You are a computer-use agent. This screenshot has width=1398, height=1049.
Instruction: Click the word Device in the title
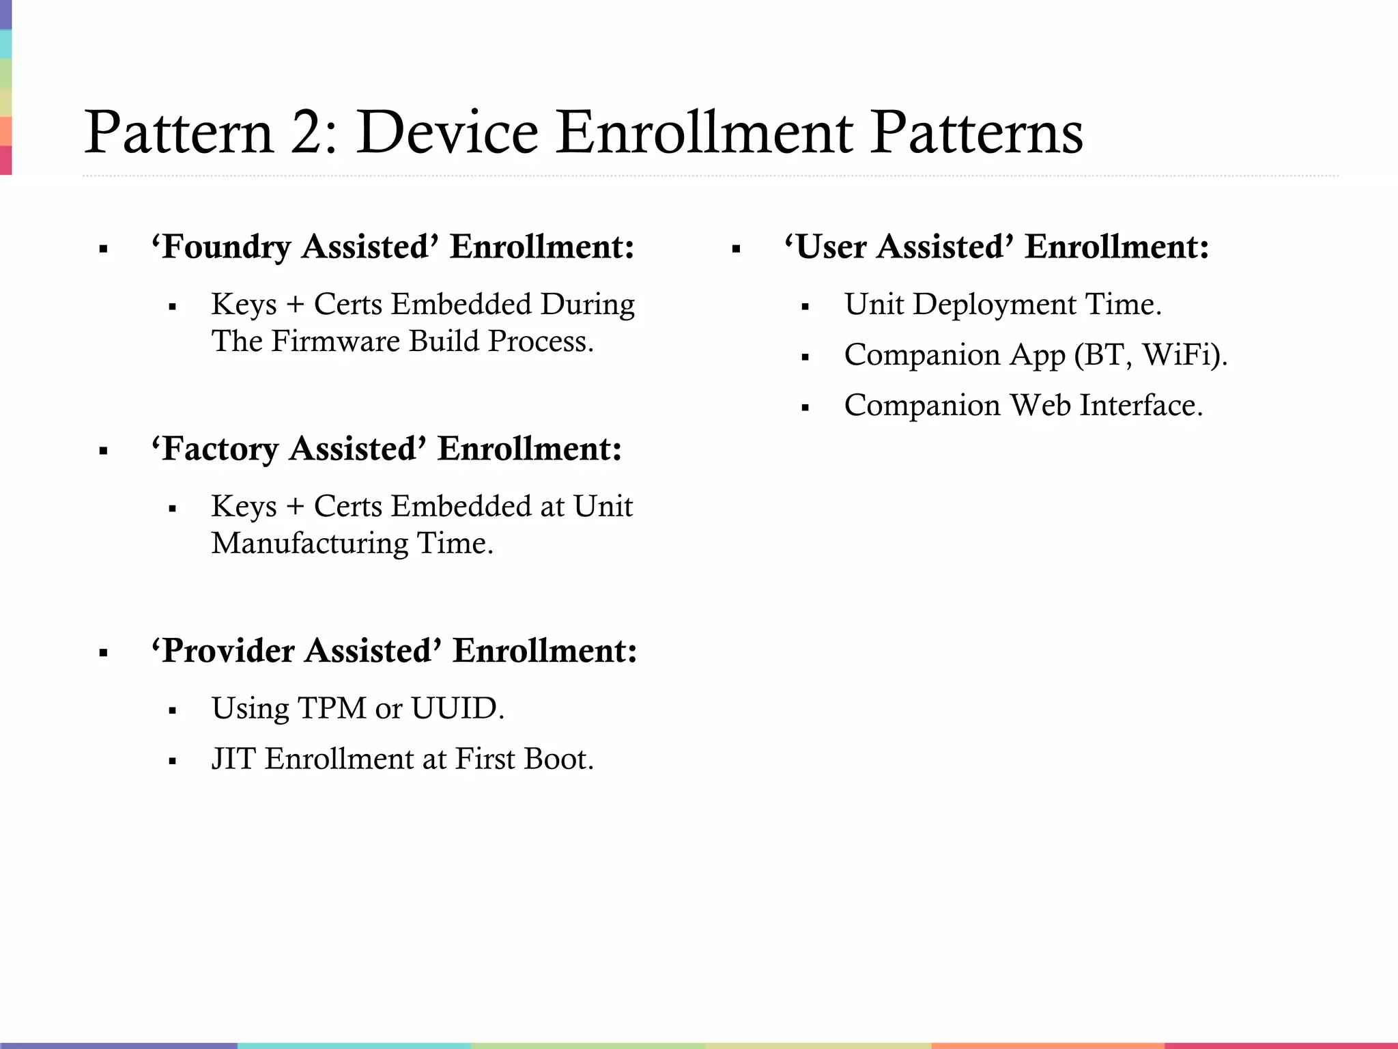click(x=447, y=132)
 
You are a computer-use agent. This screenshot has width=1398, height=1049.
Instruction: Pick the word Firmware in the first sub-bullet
click(x=335, y=341)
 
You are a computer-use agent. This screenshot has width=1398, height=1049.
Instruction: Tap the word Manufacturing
click(x=309, y=544)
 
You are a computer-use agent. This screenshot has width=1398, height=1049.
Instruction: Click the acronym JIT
click(x=233, y=759)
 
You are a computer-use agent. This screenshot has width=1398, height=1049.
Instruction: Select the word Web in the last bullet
click(x=1040, y=406)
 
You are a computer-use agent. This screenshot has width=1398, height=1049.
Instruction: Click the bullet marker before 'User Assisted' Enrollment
click(x=736, y=250)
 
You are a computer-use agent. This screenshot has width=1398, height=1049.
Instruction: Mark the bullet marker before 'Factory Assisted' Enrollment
click(x=104, y=451)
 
